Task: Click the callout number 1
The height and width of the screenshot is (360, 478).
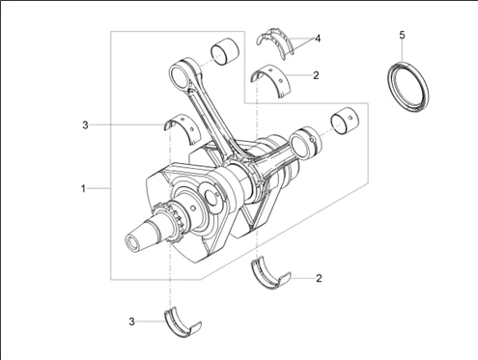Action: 83,188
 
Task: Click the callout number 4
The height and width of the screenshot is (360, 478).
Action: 318,39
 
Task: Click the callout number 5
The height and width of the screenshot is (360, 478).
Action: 402,35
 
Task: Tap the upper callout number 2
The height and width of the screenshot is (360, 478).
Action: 316,75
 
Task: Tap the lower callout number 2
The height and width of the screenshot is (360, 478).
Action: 319,278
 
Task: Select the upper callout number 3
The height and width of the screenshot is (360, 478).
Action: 85,125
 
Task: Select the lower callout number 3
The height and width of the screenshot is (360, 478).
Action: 131,321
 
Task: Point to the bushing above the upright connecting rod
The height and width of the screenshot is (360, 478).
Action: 225,51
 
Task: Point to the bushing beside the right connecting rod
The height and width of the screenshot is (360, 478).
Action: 345,121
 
